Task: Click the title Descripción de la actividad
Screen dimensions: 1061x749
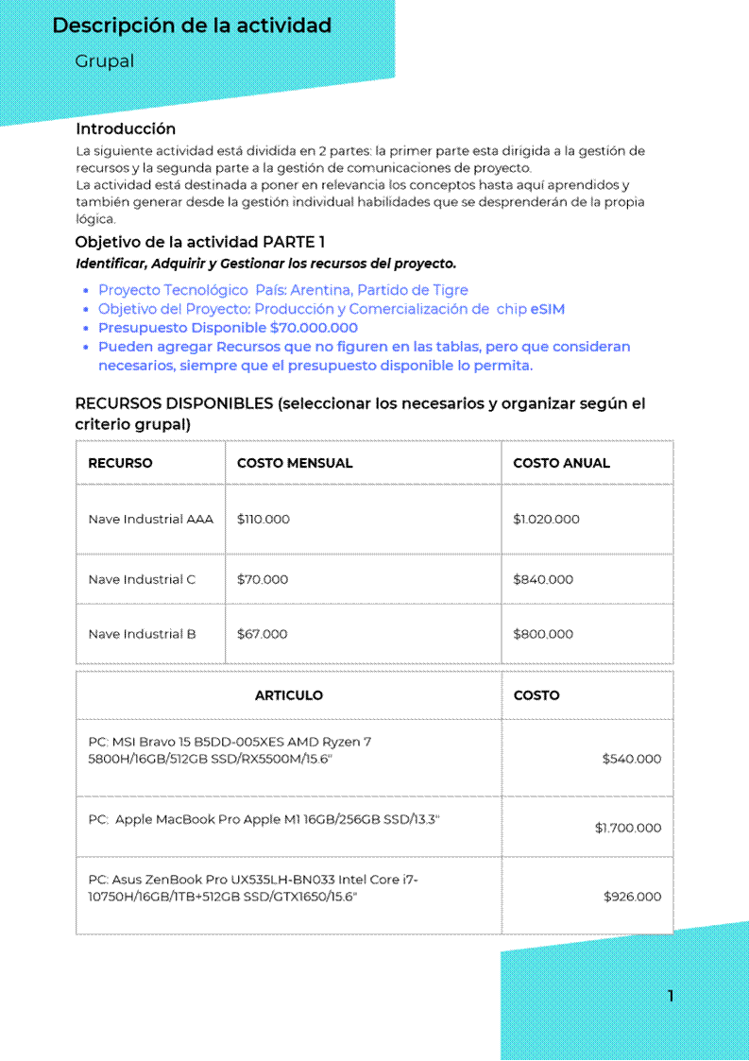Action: (x=192, y=26)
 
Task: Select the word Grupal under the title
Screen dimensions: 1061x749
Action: (x=105, y=61)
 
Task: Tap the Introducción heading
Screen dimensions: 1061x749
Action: (x=126, y=128)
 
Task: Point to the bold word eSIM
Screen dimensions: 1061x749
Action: (x=548, y=309)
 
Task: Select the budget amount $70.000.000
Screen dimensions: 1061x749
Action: (x=314, y=328)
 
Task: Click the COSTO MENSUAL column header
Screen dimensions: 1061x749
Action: (x=295, y=463)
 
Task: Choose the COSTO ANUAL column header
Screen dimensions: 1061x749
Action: (x=561, y=463)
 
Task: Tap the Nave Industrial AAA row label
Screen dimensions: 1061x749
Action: (x=151, y=519)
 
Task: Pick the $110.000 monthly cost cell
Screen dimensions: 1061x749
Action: (x=264, y=519)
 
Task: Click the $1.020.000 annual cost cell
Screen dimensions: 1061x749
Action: (x=546, y=519)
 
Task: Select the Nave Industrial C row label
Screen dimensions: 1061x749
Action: (x=142, y=579)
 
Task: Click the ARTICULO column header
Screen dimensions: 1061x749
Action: (x=289, y=695)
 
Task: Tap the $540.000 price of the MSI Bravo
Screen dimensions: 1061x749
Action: (x=632, y=759)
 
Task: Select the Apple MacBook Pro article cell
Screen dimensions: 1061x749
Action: (x=264, y=819)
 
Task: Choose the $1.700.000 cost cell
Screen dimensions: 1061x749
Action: (x=628, y=828)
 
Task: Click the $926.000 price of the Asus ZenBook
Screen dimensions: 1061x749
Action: (x=633, y=897)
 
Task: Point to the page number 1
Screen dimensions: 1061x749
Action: (x=671, y=995)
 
